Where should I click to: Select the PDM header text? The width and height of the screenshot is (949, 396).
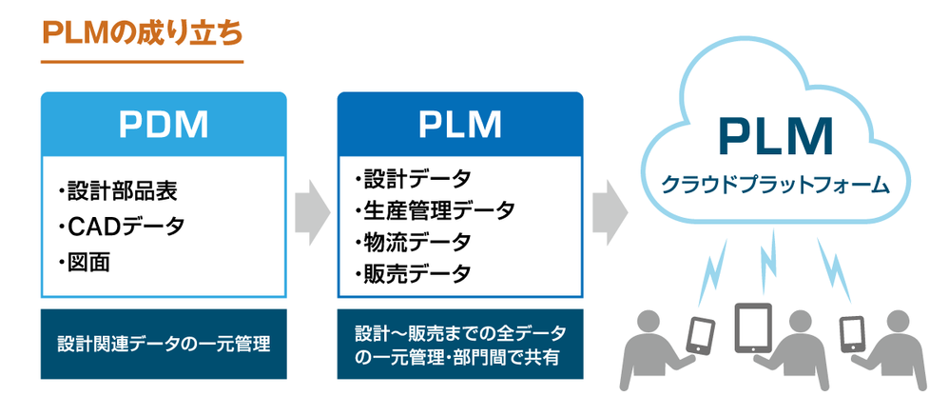point(164,124)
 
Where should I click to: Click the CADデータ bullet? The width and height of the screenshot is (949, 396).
point(120,227)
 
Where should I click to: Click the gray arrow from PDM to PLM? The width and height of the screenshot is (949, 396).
point(312,206)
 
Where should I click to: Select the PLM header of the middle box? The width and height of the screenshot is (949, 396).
point(460,124)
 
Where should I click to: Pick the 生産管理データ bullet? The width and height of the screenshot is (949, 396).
point(434,209)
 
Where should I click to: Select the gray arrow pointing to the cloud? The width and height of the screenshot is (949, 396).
point(610,206)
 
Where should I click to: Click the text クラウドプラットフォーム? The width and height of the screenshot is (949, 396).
point(775,183)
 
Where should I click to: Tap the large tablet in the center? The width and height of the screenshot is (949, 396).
point(756,328)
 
